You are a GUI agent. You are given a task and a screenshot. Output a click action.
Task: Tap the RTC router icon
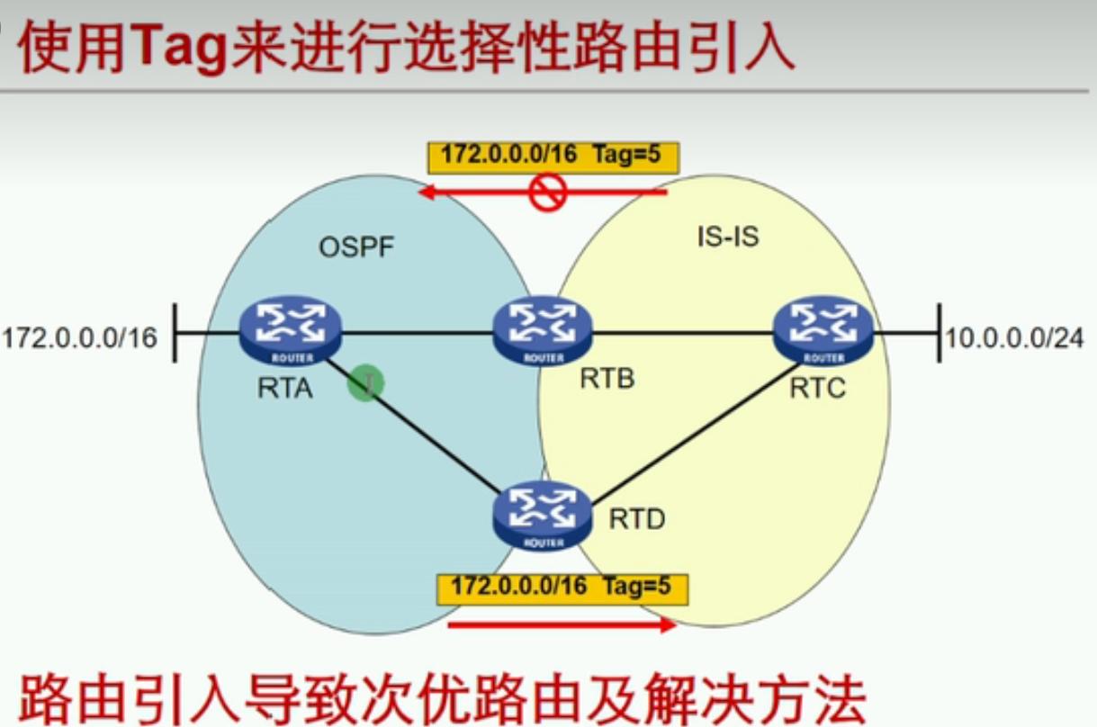click(823, 330)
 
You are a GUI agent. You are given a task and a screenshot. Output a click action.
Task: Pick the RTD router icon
click(543, 516)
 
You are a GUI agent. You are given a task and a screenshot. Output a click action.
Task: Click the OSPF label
click(356, 247)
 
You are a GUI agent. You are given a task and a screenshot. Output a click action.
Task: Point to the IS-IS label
click(728, 238)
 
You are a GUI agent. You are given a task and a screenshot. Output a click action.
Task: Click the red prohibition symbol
click(547, 192)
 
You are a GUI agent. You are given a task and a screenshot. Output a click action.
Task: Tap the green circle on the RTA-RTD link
click(366, 384)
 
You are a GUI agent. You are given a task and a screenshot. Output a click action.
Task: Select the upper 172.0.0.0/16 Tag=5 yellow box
click(552, 156)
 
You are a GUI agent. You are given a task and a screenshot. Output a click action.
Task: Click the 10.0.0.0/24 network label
click(1013, 338)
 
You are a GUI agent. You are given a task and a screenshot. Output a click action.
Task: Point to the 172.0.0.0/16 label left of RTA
click(79, 338)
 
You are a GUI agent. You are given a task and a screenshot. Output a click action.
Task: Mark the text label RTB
click(607, 379)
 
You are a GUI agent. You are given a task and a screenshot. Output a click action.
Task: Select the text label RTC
click(817, 389)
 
